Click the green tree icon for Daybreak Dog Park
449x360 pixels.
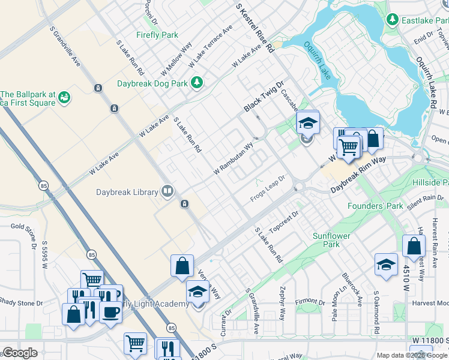196,82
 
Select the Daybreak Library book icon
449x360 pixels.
167,192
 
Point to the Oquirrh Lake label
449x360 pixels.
317,61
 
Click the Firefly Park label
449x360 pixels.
157,35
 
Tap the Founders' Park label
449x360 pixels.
376,206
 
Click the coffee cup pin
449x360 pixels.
110,312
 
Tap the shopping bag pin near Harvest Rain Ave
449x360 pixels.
414,246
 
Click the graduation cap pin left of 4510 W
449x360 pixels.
386,265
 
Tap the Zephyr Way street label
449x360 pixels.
282,302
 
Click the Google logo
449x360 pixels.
19,353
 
